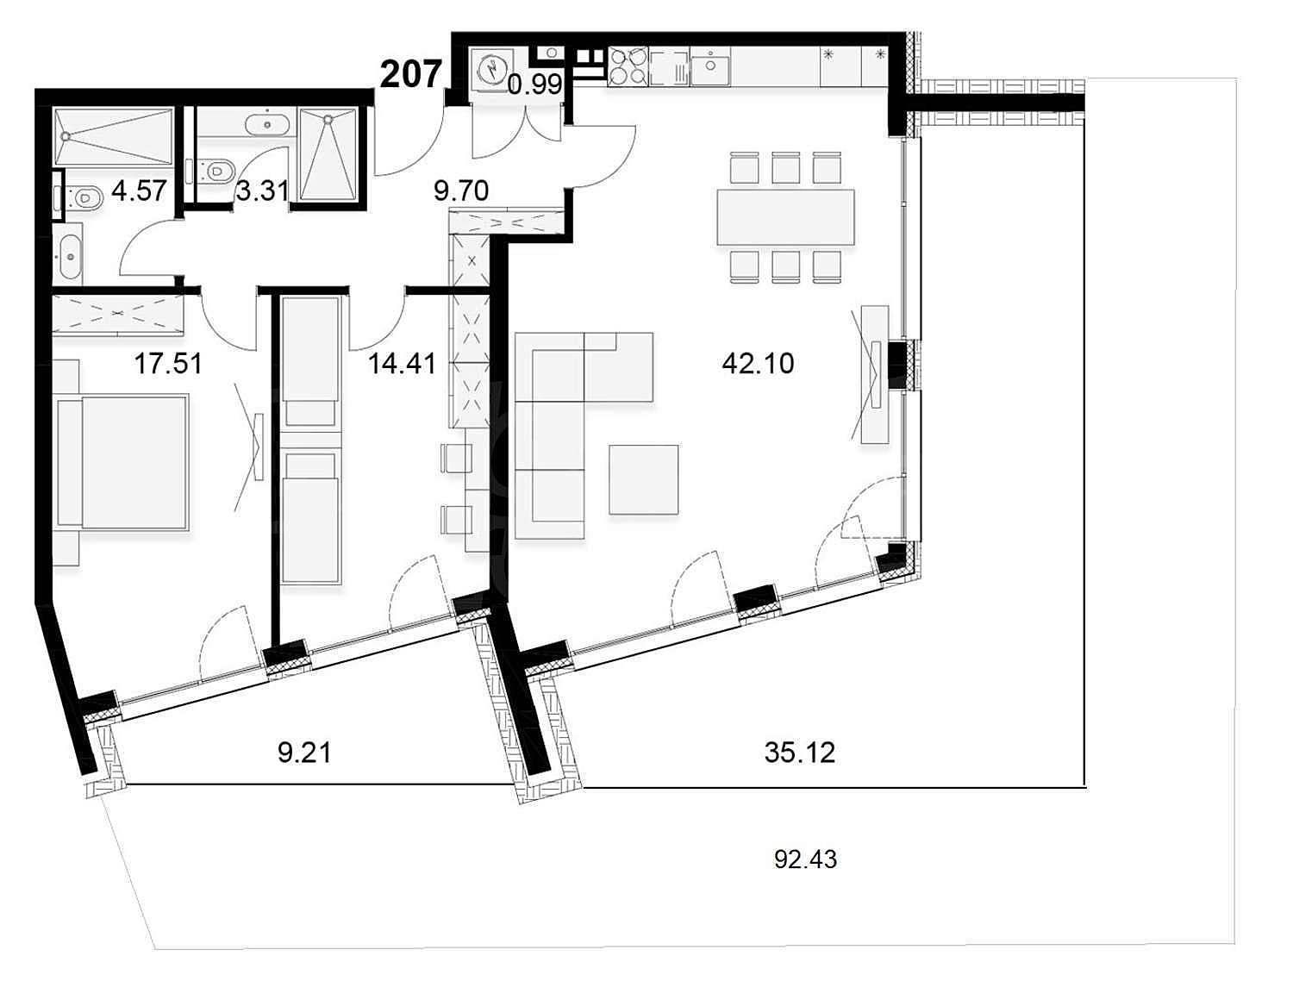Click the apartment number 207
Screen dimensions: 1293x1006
[x=411, y=75]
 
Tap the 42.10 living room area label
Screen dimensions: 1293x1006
[x=758, y=363]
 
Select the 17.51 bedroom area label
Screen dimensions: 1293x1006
[x=168, y=364]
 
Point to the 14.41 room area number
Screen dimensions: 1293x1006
[x=403, y=364]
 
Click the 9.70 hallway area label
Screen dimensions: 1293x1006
[x=461, y=191]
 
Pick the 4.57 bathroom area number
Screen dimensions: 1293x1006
[x=140, y=191]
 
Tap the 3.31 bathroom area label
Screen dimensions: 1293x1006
[x=262, y=191]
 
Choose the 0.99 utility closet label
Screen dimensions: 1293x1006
[x=535, y=84]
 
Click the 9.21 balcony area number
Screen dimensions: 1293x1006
[x=304, y=753]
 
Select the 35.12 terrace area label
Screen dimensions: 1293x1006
[x=800, y=753]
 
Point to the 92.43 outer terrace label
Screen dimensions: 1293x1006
[x=806, y=859]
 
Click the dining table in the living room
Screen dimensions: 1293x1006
[x=785, y=217]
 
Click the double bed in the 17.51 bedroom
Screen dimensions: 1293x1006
[x=123, y=462]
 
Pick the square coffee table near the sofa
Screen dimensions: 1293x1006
[x=644, y=479]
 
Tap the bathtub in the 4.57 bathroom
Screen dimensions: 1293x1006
[x=114, y=137]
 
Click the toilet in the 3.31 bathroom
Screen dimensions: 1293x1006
[x=212, y=171]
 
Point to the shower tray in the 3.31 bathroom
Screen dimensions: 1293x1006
[x=328, y=154]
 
